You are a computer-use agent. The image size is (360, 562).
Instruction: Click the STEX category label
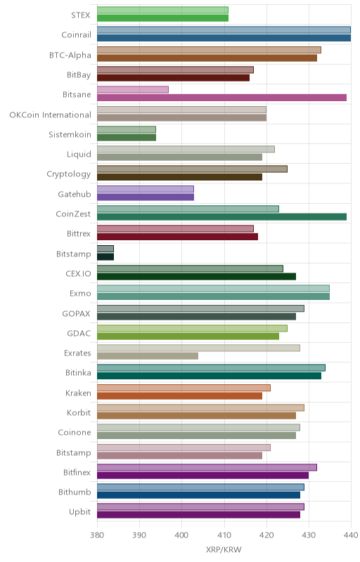coord(81,15)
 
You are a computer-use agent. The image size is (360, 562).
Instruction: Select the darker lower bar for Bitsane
coord(222,98)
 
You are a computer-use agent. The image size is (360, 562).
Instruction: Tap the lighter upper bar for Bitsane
coord(133,90)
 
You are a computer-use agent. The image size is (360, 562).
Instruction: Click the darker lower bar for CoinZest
coord(222,216)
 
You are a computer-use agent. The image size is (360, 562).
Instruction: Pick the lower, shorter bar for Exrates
coord(148,356)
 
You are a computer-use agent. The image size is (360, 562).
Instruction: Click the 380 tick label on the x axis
coord(97,535)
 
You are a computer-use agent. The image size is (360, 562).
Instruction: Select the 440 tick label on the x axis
coord(352,535)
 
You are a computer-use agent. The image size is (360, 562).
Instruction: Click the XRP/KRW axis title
coord(224,549)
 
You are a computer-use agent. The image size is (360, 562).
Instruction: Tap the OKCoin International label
coord(50,115)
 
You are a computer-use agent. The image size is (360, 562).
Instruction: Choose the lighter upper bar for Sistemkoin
coord(127,129)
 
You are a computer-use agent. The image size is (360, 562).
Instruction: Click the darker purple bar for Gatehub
coord(146,197)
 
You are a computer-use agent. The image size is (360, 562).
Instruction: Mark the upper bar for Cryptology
coord(192,169)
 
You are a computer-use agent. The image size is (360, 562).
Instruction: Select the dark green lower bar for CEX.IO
coord(196,276)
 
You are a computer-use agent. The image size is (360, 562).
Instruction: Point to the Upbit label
coord(79,512)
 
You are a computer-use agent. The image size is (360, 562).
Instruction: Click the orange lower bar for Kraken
coord(179,396)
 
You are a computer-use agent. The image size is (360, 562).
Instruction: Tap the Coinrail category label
coord(77,34)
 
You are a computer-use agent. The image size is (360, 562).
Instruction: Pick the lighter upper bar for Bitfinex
coord(207,467)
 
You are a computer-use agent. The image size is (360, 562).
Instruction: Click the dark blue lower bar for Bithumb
coord(199,495)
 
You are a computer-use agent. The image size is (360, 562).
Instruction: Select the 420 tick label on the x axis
coord(266,535)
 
